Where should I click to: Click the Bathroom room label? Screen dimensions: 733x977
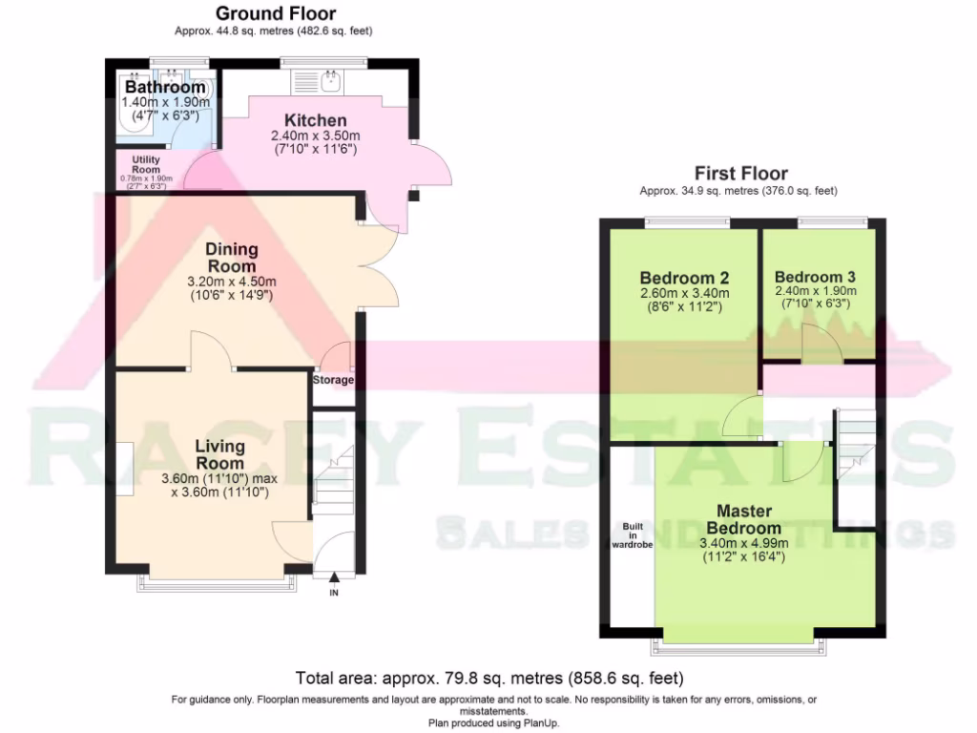[x=165, y=88]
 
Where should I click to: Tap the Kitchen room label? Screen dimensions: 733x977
[x=316, y=121]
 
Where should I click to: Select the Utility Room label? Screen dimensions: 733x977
[x=146, y=164]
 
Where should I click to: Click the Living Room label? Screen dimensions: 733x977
[x=219, y=454]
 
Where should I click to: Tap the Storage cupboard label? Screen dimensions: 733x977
[x=333, y=380]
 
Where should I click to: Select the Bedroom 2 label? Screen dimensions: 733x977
[x=683, y=278]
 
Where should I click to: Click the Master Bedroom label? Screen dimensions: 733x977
[x=744, y=520]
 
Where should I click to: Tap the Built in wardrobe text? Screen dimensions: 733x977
[x=631, y=535]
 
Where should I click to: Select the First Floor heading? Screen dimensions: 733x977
[x=740, y=174]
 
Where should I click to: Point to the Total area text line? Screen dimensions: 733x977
[x=488, y=680]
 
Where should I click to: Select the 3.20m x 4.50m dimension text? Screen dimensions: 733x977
[x=232, y=282]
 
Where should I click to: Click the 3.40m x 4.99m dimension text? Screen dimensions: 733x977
[x=744, y=543]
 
